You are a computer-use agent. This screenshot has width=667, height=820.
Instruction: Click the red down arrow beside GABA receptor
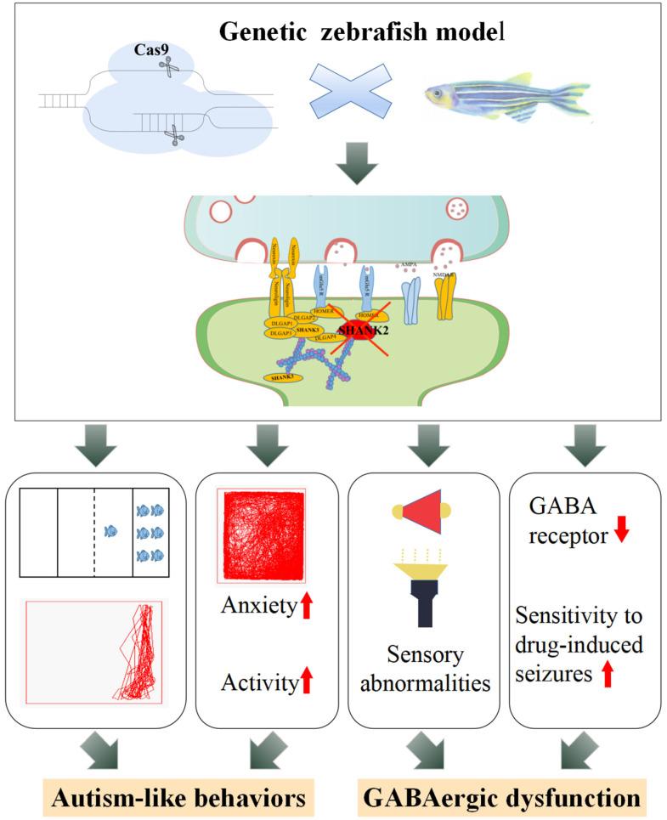coord(622,529)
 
